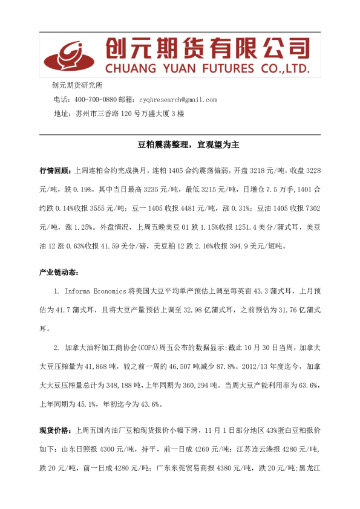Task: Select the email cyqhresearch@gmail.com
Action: click(x=177, y=100)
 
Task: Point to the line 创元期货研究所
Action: click(x=77, y=86)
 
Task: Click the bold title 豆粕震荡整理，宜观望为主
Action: click(x=180, y=145)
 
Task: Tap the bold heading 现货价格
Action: click(x=54, y=430)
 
